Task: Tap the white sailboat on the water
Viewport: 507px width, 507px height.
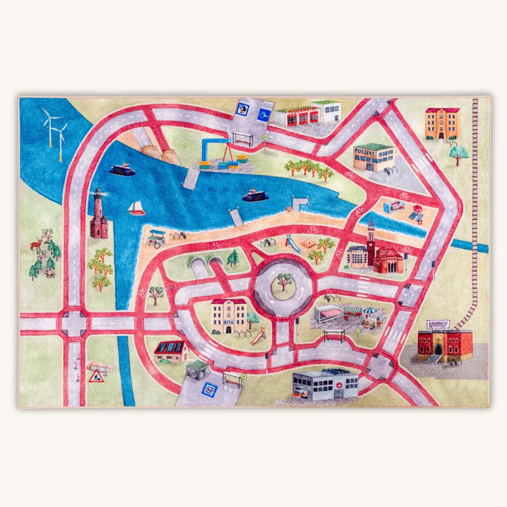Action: pos(136,208)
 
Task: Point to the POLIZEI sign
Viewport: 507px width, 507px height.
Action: pos(364,151)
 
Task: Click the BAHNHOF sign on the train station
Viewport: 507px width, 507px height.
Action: pos(438,324)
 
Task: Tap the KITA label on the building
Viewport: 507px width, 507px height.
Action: pos(228,322)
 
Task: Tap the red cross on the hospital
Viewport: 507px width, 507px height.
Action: pos(339,385)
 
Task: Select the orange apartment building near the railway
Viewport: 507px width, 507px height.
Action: pos(442,123)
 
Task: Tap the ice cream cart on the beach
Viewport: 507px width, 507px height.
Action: pos(156,237)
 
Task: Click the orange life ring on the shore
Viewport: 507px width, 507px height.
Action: pos(289,209)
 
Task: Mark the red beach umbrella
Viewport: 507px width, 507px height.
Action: pos(417,208)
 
